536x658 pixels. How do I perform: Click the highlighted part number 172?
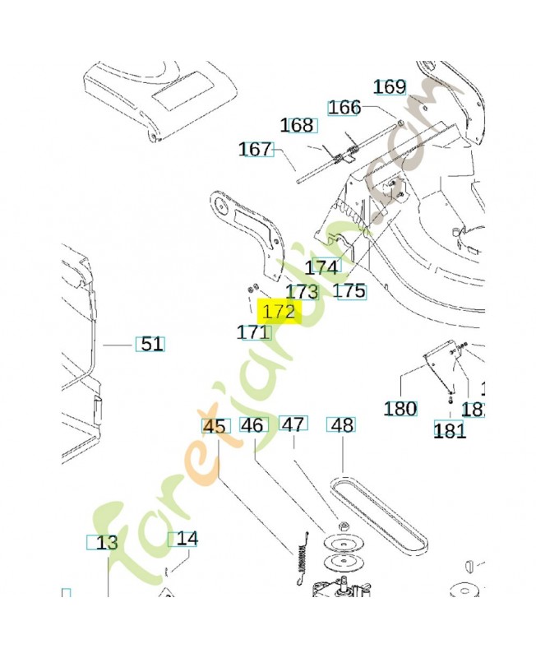click(x=278, y=313)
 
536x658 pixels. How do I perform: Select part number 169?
click(x=390, y=86)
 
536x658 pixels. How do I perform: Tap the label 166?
click(x=344, y=108)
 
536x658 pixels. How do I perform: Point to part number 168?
click(x=297, y=125)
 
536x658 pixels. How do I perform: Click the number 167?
click(x=255, y=150)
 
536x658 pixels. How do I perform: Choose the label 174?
click(x=321, y=267)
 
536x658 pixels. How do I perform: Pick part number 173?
click(x=302, y=291)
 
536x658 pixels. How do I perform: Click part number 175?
click(x=349, y=291)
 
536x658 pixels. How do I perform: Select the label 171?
click(x=253, y=332)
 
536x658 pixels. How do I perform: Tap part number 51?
click(x=150, y=344)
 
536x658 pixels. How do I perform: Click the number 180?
click(x=400, y=409)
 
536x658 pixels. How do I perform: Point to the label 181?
click(x=450, y=430)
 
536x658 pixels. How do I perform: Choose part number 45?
click(x=214, y=426)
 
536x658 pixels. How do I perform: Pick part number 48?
click(x=341, y=425)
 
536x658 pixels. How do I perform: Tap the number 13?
click(x=106, y=543)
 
